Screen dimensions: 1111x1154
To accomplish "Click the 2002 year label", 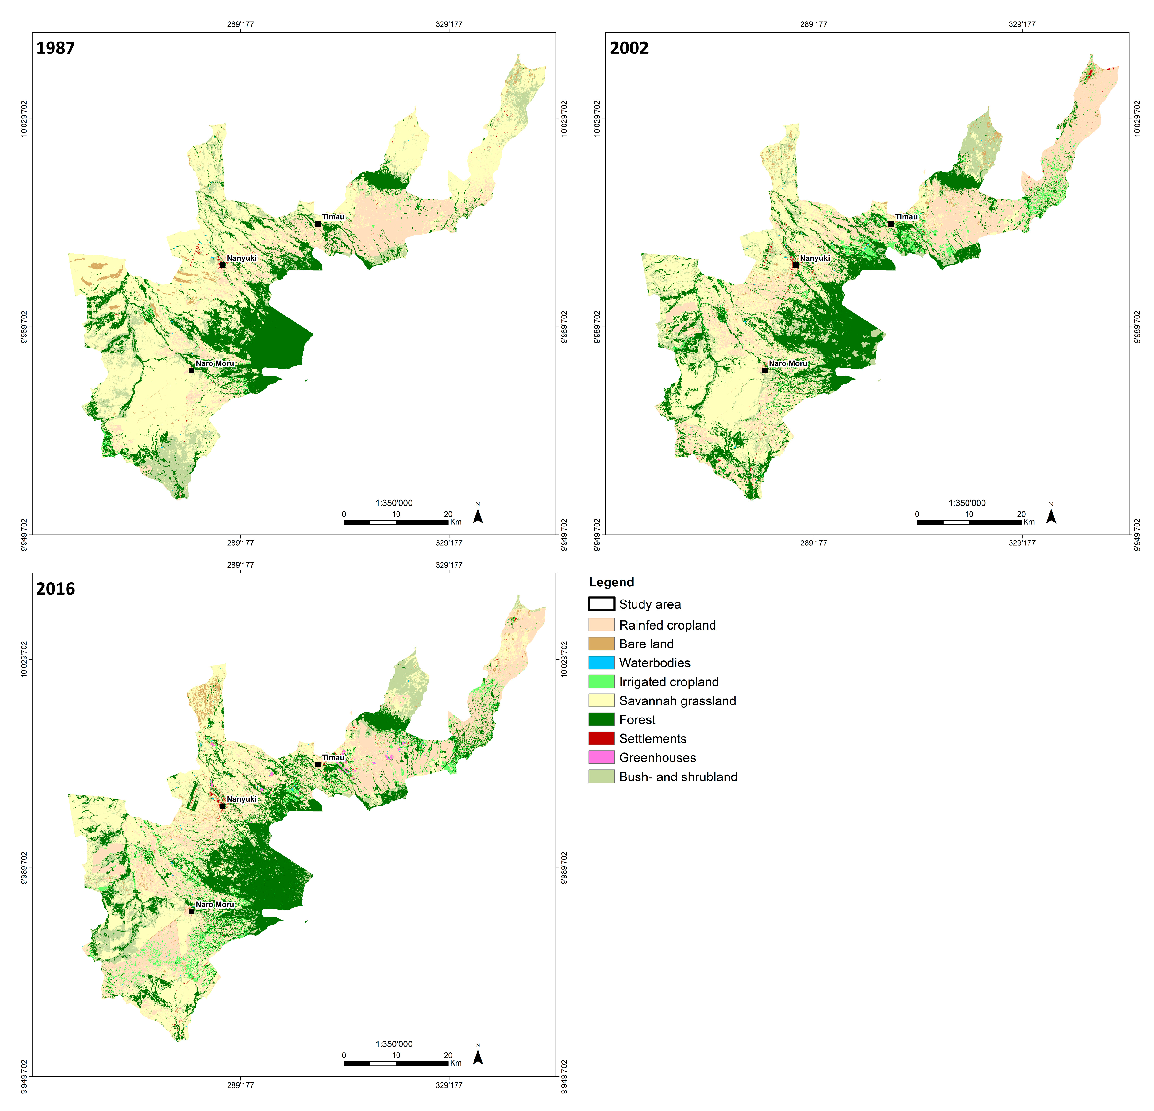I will coord(629,48).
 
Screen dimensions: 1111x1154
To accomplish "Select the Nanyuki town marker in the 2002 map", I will coord(795,265).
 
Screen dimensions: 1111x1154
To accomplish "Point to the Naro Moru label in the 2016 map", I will coord(215,904).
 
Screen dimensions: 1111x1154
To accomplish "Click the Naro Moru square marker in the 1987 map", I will coord(191,370).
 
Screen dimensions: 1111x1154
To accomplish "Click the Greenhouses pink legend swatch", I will coord(601,757).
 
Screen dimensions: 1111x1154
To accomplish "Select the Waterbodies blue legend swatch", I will coord(601,662).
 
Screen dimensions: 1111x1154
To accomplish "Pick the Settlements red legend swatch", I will coord(601,738).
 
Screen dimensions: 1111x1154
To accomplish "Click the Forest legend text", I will coord(637,719).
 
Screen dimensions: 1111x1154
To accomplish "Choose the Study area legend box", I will coord(601,604).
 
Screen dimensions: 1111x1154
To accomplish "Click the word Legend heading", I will coord(611,582).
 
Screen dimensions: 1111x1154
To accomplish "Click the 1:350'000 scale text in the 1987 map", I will coord(394,503).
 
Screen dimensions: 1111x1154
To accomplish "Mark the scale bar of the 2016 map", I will coord(396,1063).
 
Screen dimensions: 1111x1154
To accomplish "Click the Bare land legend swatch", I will coord(601,644).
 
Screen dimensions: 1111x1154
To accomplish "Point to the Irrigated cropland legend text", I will coord(669,682).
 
